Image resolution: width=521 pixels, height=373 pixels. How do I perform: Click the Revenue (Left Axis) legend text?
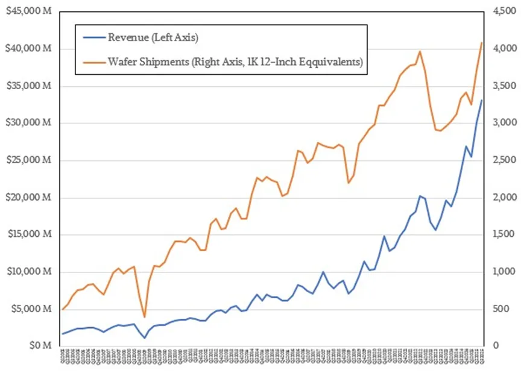pos(153,38)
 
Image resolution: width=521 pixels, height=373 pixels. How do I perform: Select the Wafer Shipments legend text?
pos(235,61)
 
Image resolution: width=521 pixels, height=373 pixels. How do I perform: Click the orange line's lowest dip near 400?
pos(144,317)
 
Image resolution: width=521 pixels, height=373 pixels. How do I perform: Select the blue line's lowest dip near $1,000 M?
pos(144,337)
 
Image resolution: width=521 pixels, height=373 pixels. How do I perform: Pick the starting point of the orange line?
pos(63,309)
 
